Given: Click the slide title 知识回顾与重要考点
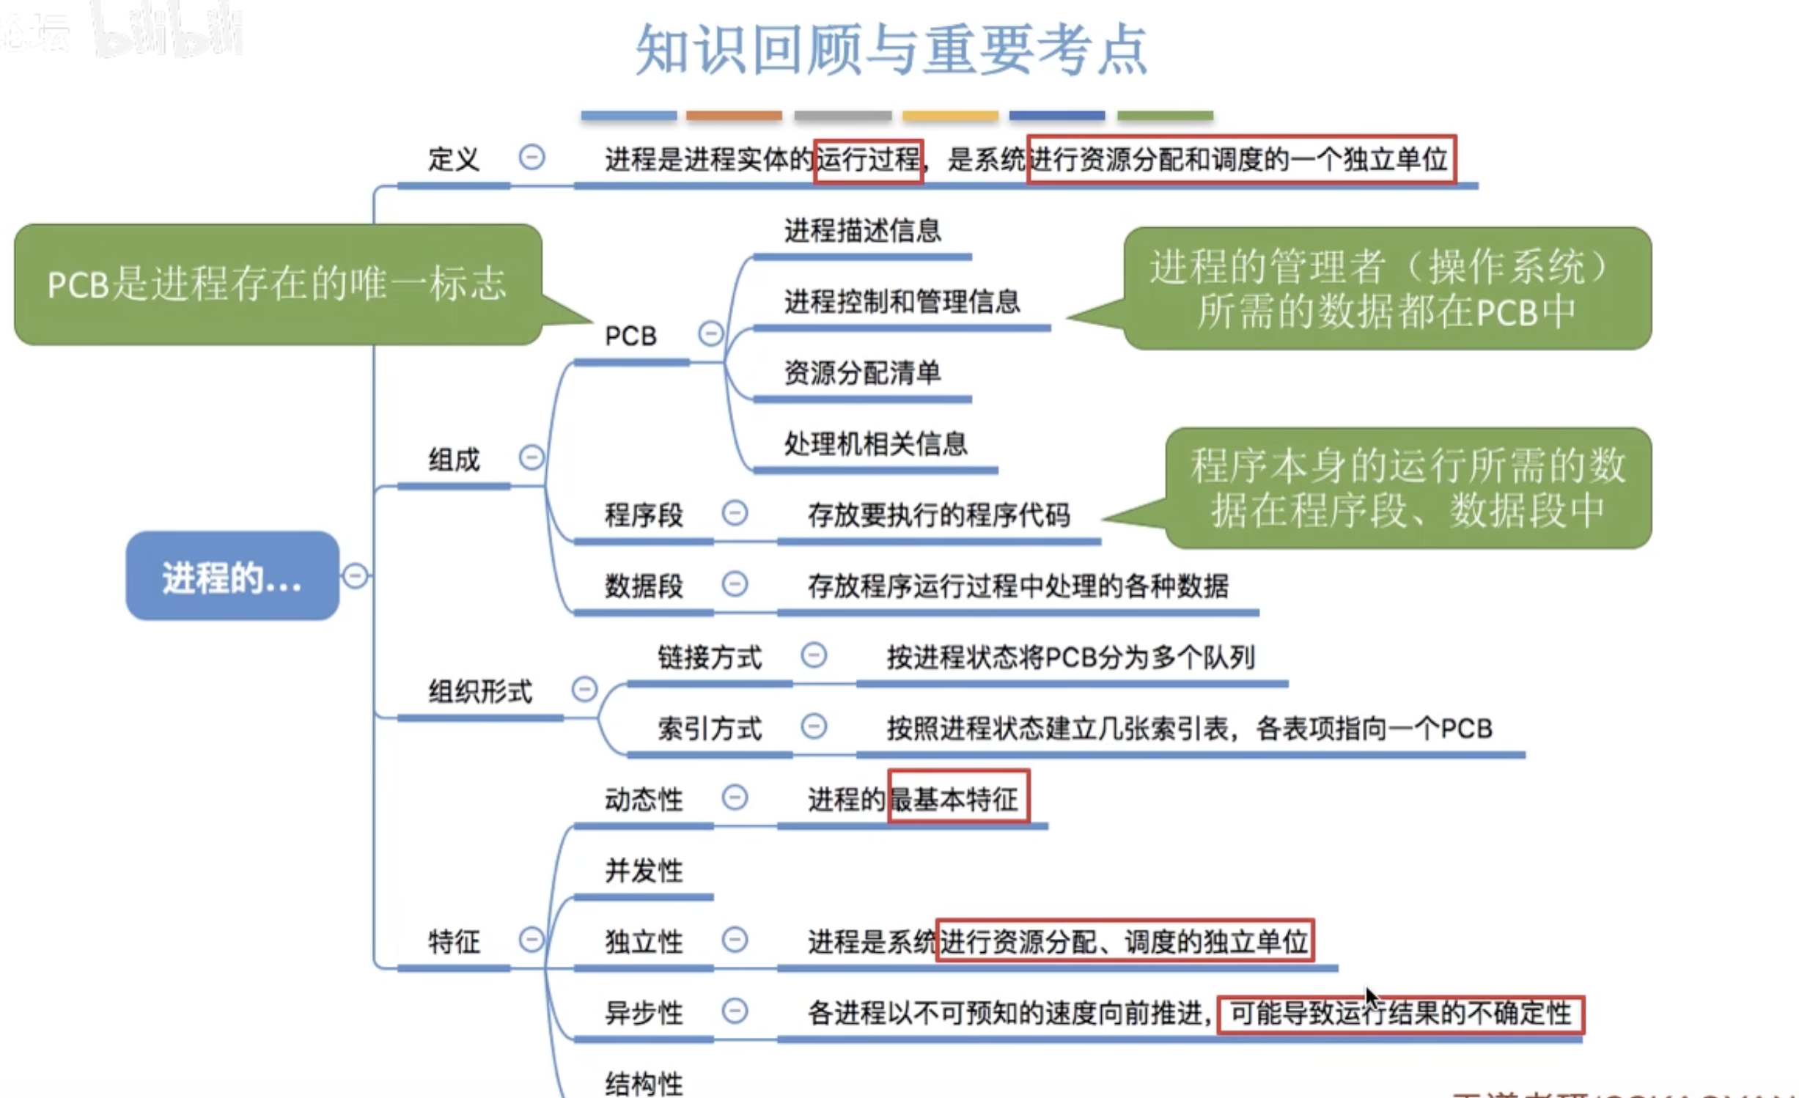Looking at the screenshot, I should [x=891, y=50].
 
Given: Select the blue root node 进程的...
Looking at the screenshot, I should [x=232, y=577].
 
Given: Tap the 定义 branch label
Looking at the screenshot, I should [x=453, y=159].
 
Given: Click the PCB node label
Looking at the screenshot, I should [x=630, y=336].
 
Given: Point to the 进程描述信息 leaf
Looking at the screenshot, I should [x=862, y=231].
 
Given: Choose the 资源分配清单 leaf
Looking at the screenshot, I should [x=862, y=372].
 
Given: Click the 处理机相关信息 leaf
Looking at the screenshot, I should [x=875, y=443].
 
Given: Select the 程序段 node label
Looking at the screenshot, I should [x=644, y=515].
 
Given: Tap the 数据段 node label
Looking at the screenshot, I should [x=644, y=586].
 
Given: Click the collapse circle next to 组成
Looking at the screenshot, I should [x=531, y=457].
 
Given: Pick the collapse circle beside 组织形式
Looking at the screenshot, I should [x=584, y=689].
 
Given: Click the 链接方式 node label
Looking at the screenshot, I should [x=709, y=657].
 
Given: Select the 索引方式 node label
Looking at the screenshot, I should [x=709, y=728].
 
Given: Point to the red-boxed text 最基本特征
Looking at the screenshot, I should [x=957, y=798].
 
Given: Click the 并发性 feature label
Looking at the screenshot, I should [x=644, y=871].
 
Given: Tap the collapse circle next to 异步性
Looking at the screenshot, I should [x=735, y=1011].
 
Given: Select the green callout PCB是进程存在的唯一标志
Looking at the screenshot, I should [x=277, y=284].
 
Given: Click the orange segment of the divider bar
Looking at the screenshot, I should [x=734, y=116].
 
